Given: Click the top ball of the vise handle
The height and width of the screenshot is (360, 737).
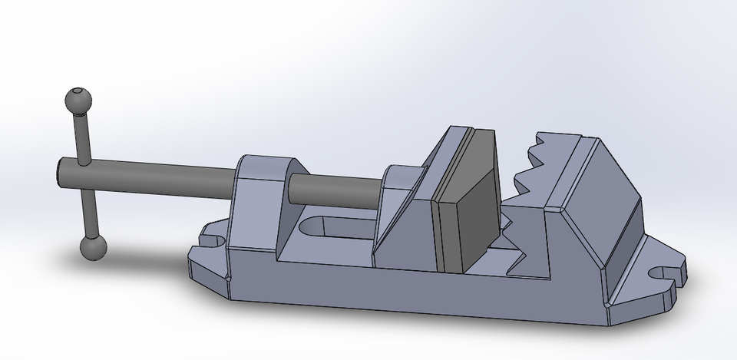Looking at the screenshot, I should [78, 100].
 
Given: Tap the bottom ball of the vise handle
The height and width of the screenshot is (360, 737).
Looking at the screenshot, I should [93, 247].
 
